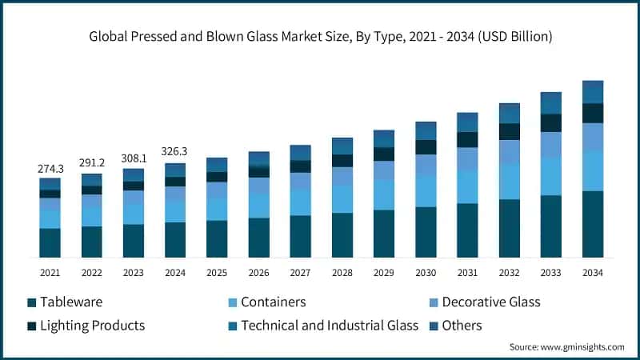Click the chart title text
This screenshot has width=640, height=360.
tap(320, 37)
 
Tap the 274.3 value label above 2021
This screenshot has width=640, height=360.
tap(50, 169)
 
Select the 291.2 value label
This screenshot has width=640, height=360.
tap(91, 164)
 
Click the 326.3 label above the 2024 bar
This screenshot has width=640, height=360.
tap(175, 151)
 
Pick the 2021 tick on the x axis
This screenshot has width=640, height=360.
tap(50, 273)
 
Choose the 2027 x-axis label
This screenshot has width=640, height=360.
tap(300, 273)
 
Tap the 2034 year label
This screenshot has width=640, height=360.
tap(592, 273)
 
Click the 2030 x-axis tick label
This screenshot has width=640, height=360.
tap(425, 273)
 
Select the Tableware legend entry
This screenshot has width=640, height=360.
tap(65, 302)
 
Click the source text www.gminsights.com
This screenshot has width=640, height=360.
tap(566, 347)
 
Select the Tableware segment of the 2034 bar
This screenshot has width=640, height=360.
tap(592, 224)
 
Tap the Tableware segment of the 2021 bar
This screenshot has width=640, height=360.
tap(50, 242)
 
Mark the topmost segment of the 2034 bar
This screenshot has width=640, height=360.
tap(592, 92)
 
